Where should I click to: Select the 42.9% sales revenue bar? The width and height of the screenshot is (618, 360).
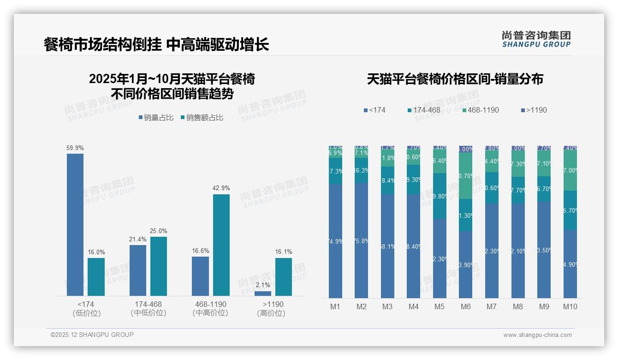[x=221, y=245]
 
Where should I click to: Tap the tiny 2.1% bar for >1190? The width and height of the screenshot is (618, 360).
[x=263, y=294]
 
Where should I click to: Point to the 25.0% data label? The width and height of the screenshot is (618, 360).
[x=159, y=231]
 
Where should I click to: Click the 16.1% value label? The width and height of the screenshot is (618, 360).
[x=284, y=252]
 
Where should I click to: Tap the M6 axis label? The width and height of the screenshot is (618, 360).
[x=466, y=306]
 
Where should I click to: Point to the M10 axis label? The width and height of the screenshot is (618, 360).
[x=570, y=306]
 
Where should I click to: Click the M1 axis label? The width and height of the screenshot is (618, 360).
[x=335, y=306]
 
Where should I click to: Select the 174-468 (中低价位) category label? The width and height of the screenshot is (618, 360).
[x=149, y=308]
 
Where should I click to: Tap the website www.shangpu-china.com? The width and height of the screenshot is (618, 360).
[x=537, y=335]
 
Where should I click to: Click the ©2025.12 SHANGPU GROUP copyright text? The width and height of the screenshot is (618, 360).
[x=92, y=335]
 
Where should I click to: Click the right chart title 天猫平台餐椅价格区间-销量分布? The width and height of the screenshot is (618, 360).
[x=455, y=79]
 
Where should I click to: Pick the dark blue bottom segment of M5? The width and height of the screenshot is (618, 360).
[x=440, y=258]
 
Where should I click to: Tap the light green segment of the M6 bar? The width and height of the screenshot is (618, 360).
[x=465, y=175]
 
